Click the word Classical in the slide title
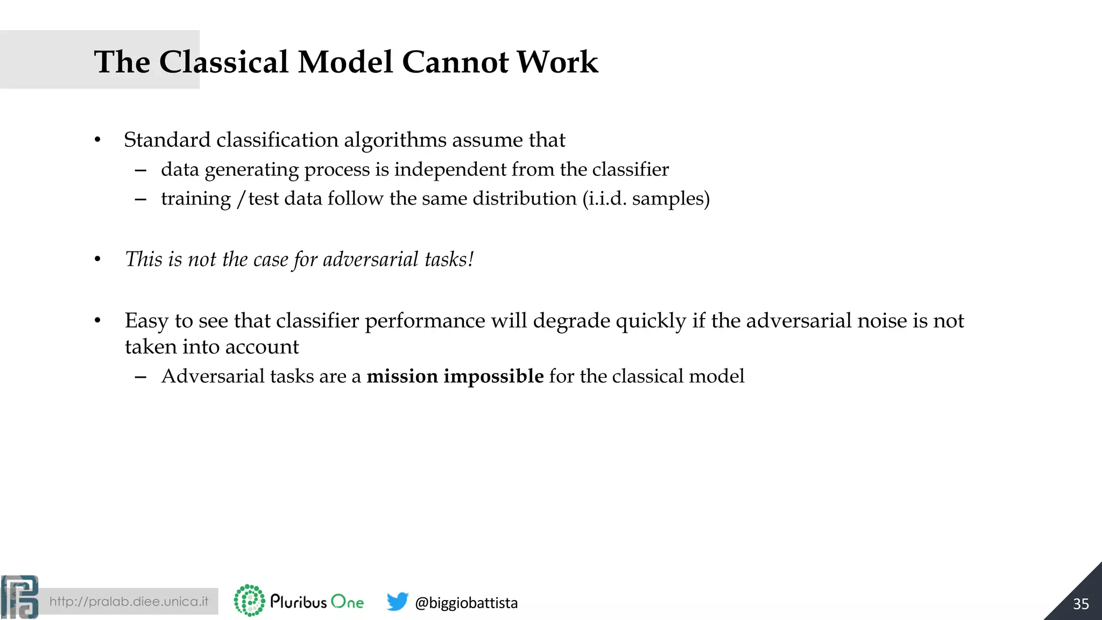click(x=223, y=62)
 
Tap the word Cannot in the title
click(x=455, y=62)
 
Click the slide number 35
click(x=1080, y=604)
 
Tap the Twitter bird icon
click(x=397, y=602)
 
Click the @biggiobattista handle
click(x=466, y=603)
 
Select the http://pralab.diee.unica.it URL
click(x=129, y=602)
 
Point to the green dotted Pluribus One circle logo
click(x=250, y=600)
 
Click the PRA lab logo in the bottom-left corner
click(x=20, y=597)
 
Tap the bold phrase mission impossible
click(x=455, y=376)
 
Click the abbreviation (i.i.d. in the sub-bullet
click(x=604, y=199)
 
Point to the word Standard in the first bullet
click(x=167, y=140)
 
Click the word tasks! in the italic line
click(x=449, y=259)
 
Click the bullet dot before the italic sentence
click(x=97, y=260)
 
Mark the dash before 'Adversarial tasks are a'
click(x=140, y=377)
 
